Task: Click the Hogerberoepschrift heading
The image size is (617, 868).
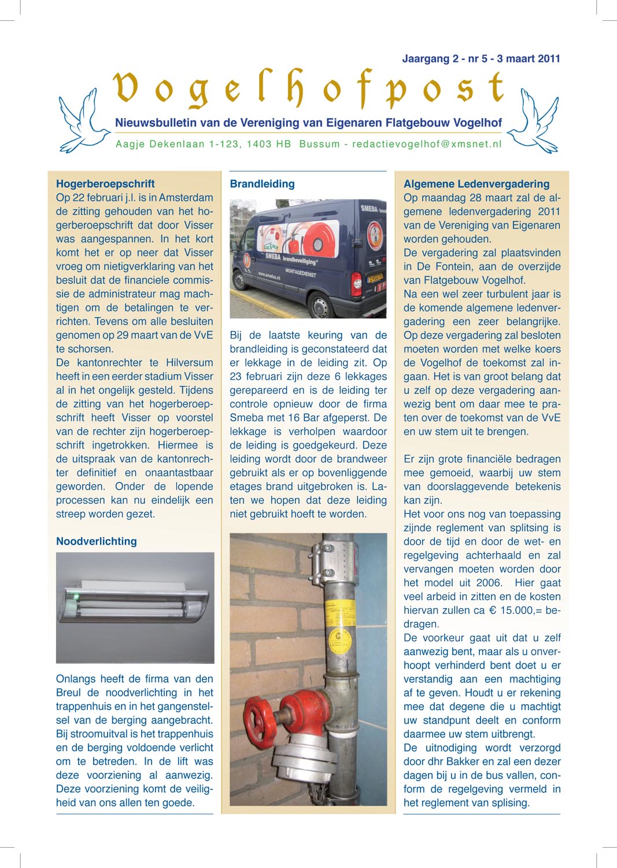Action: [105, 184]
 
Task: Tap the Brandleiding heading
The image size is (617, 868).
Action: [262, 184]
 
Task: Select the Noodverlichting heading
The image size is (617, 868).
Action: [97, 542]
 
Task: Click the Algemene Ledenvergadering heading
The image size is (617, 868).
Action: [476, 184]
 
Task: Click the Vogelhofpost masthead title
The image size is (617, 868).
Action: [309, 90]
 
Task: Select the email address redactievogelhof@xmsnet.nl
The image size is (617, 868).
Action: [427, 144]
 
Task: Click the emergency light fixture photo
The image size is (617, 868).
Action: [135, 608]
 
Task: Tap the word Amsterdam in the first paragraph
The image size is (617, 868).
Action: [186, 198]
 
